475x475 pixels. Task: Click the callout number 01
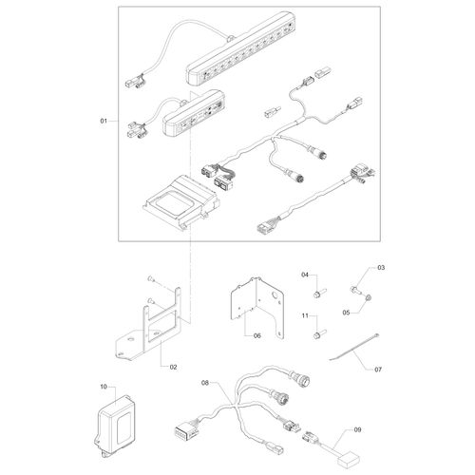tap(104, 122)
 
